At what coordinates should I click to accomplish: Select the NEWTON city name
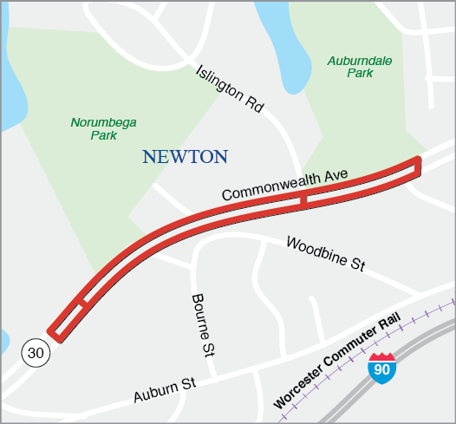185,157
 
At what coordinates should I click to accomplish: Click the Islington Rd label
229,88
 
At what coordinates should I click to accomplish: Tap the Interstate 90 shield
381,367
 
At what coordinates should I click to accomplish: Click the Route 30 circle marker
35,351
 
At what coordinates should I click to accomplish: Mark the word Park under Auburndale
360,75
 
